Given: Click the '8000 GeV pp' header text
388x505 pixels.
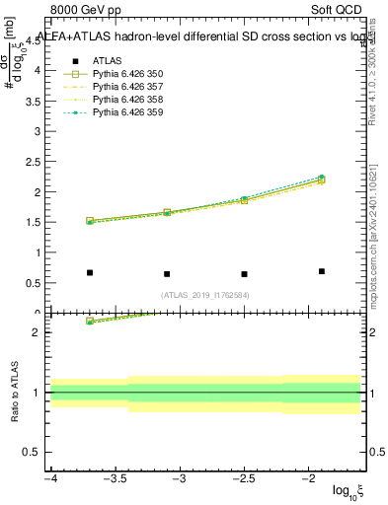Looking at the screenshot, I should (86, 12).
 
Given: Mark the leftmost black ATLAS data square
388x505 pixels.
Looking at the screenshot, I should (90, 272).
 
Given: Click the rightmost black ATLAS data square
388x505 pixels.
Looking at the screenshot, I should (322, 271).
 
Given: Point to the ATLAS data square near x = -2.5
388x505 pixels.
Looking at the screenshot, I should (244, 274).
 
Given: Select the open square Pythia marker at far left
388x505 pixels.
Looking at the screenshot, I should (90, 221).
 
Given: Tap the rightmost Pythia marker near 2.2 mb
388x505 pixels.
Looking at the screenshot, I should (322, 180).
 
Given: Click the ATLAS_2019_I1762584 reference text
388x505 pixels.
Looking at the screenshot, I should (205, 294).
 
